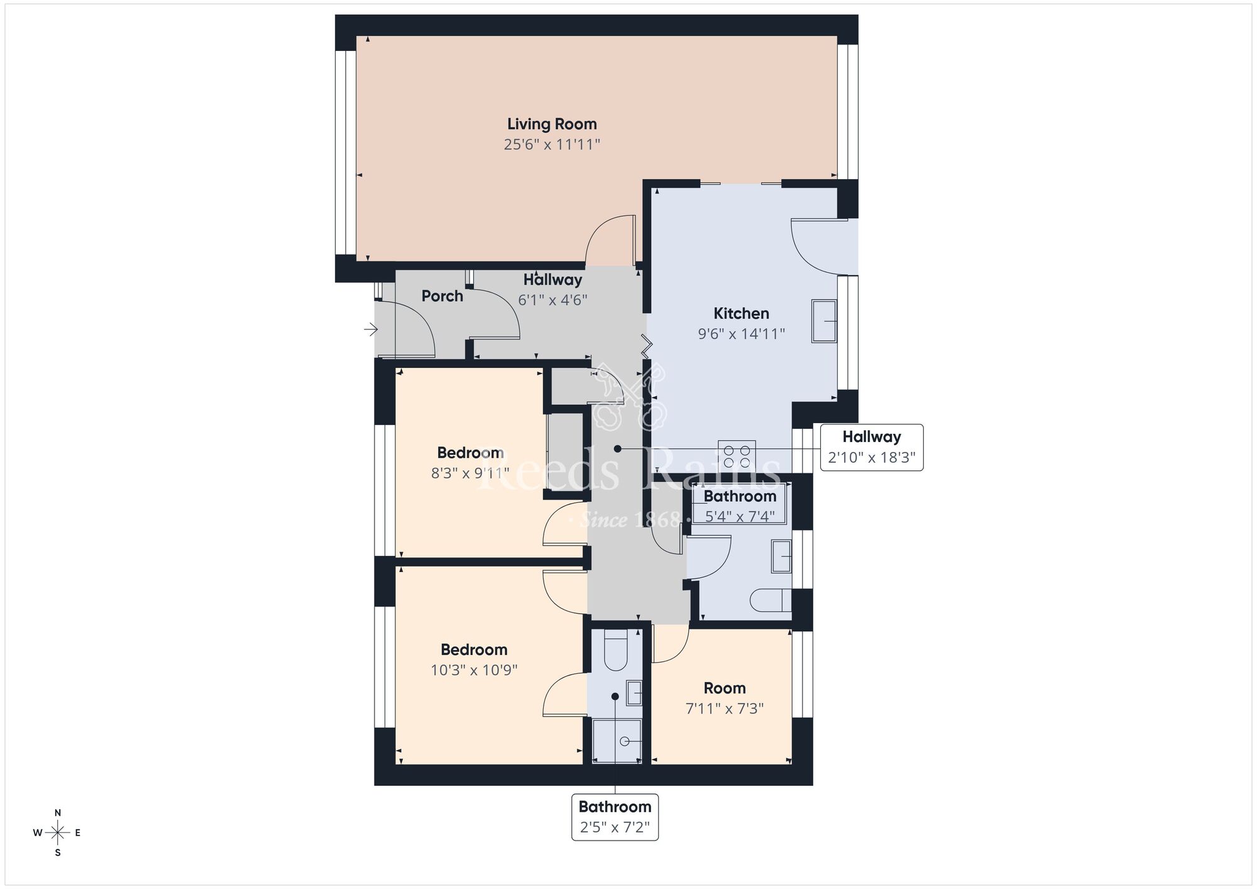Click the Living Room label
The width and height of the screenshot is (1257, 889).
tap(552, 124)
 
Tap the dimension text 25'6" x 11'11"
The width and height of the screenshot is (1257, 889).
tap(552, 145)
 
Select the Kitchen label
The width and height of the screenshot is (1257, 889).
tap(741, 313)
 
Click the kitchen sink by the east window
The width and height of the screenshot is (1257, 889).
tap(824, 321)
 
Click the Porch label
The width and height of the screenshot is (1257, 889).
tap(442, 296)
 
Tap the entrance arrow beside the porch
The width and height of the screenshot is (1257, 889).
tap(371, 329)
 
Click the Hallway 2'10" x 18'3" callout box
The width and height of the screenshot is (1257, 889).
tap(871, 447)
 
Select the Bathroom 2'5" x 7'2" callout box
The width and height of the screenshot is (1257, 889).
tap(615, 817)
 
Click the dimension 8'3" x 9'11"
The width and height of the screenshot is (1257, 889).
tap(470, 473)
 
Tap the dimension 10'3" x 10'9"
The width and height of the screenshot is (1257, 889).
tap(474, 670)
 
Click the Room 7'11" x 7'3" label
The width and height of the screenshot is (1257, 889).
tap(725, 698)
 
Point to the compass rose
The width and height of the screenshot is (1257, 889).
tap(58, 833)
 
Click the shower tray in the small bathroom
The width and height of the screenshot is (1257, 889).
tap(617, 741)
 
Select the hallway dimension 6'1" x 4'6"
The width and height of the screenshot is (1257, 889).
tap(552, 300)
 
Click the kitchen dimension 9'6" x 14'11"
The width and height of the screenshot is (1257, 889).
tap(741, 334)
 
